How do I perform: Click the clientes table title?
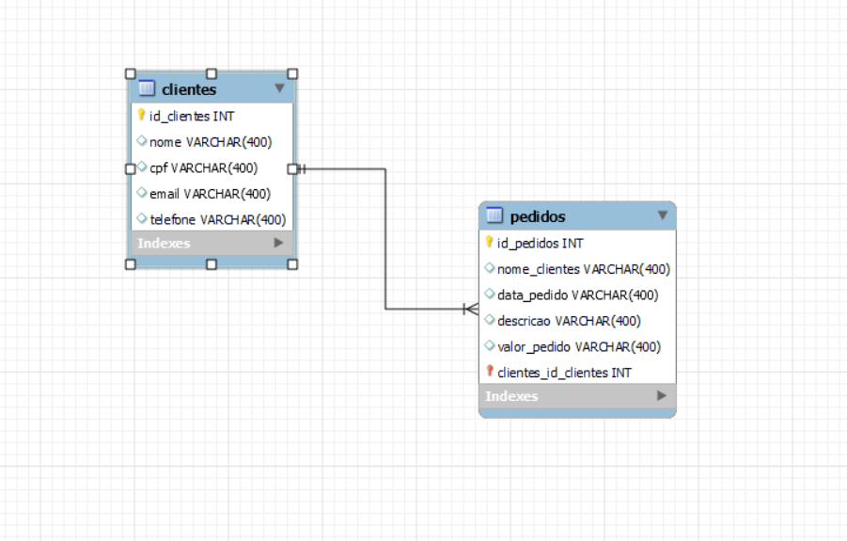189,89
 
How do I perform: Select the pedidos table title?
538,216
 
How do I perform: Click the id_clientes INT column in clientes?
192,116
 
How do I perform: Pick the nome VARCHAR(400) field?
210,142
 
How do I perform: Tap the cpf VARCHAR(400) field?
203,168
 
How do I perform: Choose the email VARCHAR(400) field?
210,194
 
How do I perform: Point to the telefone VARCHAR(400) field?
217,219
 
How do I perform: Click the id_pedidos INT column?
540,243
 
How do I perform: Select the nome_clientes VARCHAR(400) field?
583,269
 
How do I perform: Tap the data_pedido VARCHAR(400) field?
577,294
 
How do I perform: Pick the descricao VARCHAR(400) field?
569,321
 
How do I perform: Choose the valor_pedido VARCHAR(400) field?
579,346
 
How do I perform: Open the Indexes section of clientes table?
165,243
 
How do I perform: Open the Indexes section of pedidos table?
512,396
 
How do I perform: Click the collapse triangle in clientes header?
279,88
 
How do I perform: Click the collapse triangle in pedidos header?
663,215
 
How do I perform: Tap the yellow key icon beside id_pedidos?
489,243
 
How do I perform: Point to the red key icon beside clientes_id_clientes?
489,372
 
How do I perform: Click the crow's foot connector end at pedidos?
471,308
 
